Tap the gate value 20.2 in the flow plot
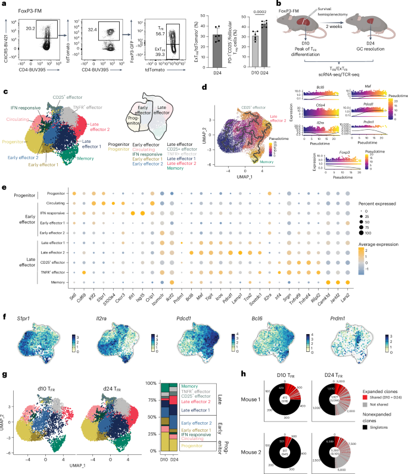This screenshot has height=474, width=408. pos(33,26)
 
